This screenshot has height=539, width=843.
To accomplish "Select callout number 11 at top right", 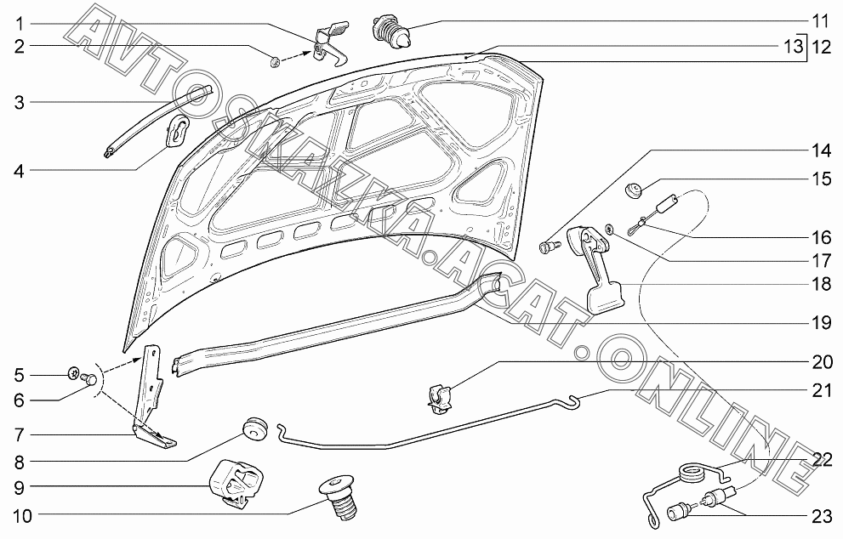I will (x=819, y=20).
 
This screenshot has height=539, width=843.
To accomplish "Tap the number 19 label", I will (x=819, y=322).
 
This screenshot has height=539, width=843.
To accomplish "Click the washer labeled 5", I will (x=74, y=372).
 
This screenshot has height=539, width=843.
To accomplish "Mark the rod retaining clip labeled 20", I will (x=440, y=396).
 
